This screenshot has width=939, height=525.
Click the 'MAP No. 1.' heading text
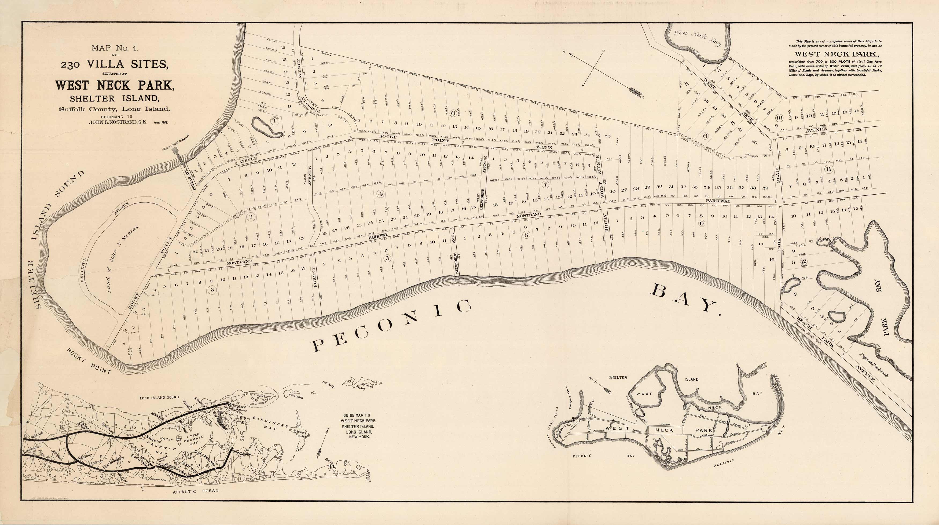coord(115,48)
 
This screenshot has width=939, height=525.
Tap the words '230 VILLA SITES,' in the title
coord(115,64)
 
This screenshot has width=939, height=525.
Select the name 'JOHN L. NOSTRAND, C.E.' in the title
coord(118,122)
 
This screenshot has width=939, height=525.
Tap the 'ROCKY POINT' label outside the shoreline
coord(89,360)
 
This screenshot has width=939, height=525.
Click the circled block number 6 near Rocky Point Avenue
coord(453,113)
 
